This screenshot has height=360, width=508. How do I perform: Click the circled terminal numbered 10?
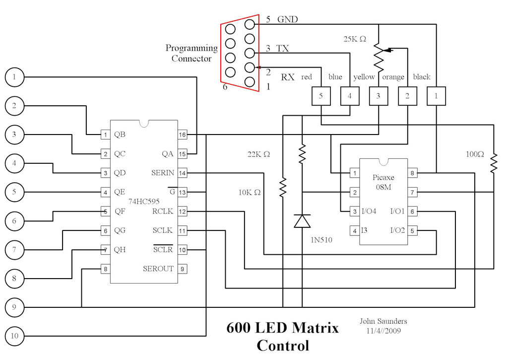14,336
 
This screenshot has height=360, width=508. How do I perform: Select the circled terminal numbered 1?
14,77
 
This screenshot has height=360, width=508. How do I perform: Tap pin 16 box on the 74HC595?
183,135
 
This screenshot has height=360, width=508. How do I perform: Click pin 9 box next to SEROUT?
183,269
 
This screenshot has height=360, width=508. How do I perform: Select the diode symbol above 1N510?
302,220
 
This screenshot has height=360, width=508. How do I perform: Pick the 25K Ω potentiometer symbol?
379,57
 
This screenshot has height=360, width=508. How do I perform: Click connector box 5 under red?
321,96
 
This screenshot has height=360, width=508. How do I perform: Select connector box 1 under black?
437,96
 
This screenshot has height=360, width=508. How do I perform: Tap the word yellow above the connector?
364,77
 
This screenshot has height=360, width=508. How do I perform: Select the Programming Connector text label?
191,53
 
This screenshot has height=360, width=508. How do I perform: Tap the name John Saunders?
383,321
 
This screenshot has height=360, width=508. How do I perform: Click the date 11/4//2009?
383,330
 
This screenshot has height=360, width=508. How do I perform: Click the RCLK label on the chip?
163,212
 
